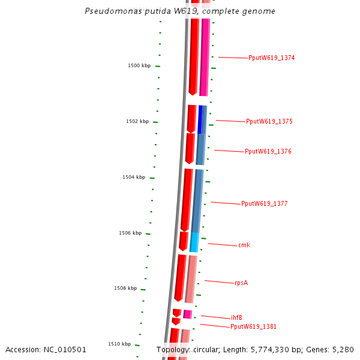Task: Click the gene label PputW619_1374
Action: (x=271, y=58)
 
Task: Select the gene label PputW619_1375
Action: (x=269, y=122)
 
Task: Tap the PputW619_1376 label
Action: (x=268, y=152)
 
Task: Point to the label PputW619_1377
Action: (x=264, y=204)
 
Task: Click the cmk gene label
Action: (x=244, y=245)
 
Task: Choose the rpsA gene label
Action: (x=241, y=283)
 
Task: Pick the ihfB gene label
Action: (x=236, y=318)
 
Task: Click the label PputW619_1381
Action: (x=253, y=327)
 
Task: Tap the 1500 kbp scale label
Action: (x=139, y=65)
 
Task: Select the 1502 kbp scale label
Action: (x=137, y=122)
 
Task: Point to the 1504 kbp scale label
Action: (x=134, y=178)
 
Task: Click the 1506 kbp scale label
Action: (x=130, y=233)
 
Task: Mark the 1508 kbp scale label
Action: (x=125, y=289)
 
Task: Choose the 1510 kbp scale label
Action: (x=119, y=344)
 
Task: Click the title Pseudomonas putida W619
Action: (x=180, y=11)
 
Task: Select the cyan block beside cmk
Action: (x=194, y=242)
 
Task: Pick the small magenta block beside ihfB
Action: (x=188, y=314)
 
